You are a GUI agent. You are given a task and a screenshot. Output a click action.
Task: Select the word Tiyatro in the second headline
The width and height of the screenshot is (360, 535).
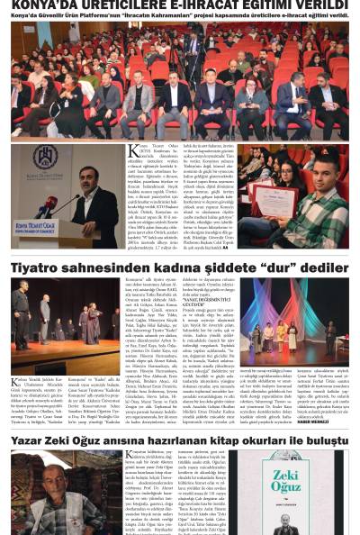[x=34, y=267]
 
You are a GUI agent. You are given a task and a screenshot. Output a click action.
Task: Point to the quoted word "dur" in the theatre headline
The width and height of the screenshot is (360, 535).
[x=279, y=267]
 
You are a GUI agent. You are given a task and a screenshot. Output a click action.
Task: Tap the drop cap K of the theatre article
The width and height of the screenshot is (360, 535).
[x=15, y=385]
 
